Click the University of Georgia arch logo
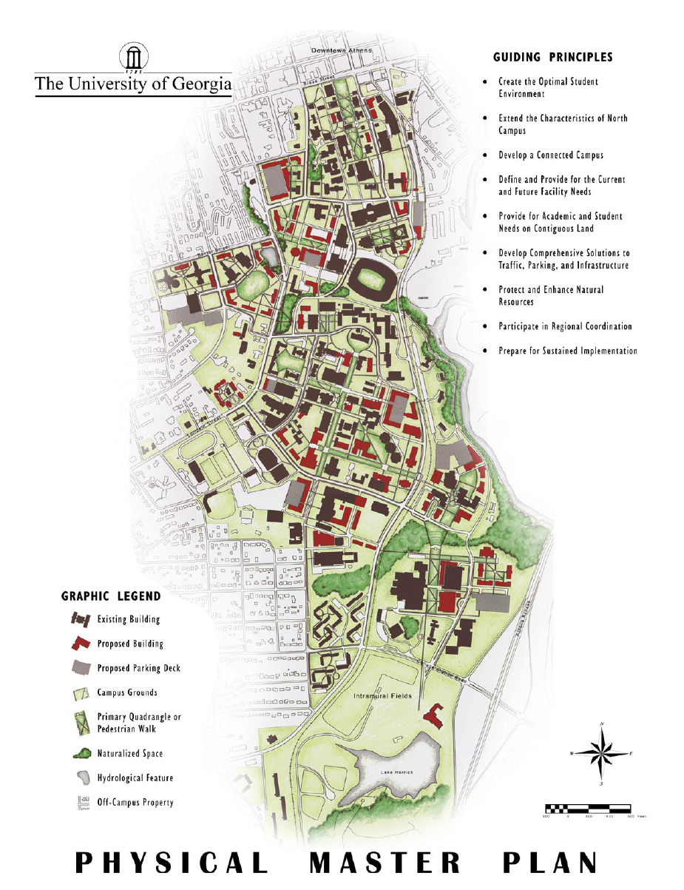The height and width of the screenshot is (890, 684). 133,58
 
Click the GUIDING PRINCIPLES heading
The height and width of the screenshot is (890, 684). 552,57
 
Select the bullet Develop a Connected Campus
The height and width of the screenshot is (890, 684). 551,155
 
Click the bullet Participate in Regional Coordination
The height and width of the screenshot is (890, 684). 565,326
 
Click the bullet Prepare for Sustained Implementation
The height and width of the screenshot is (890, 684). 567,351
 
